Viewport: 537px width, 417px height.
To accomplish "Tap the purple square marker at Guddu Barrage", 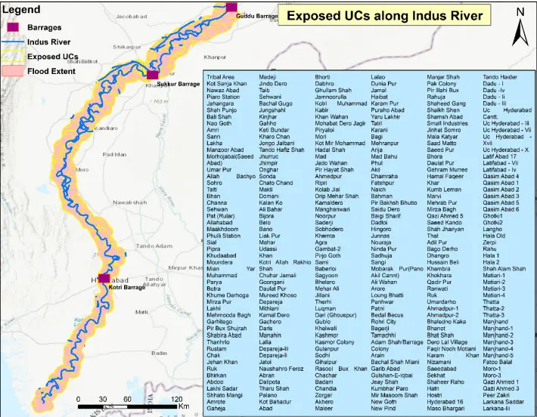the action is (x=232, y=8).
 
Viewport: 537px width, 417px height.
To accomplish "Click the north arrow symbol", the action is (x=520, y=27).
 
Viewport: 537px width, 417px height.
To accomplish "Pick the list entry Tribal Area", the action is (x=220, y=77).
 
